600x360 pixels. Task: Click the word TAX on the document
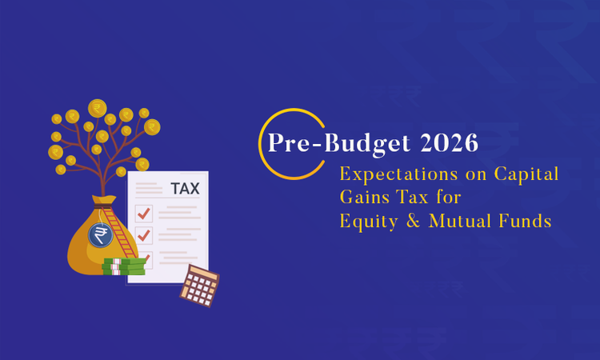click(x=185, y=189)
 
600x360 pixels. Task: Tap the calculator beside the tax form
click(x=199, y=285)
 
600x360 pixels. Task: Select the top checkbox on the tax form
click(x=144, y=214)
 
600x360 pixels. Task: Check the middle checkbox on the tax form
click(x=144, y=235)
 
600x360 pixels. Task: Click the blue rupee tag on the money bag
click(x=101, y=234)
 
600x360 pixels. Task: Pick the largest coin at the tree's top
click(x=98, y=108)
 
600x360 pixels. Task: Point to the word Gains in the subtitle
click(x=363, y=197)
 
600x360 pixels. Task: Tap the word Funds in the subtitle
click(x=523, y=221)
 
